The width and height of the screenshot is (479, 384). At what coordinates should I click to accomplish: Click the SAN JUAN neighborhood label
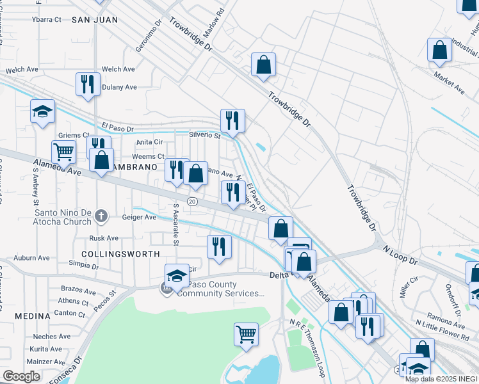95,20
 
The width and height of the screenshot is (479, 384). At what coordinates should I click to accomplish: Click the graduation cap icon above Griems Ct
42,111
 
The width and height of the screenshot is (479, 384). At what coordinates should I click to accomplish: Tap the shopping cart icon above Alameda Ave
63,152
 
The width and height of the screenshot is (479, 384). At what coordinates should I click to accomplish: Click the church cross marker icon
101,216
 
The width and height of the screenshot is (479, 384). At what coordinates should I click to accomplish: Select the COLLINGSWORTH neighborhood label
121,254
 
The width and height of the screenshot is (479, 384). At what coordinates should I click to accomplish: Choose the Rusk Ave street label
104,238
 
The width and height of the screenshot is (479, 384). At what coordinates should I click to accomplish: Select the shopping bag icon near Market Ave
440,51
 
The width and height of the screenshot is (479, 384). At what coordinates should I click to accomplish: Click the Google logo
21,376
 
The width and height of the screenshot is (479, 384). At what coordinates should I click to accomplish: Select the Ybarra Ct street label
46,19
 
